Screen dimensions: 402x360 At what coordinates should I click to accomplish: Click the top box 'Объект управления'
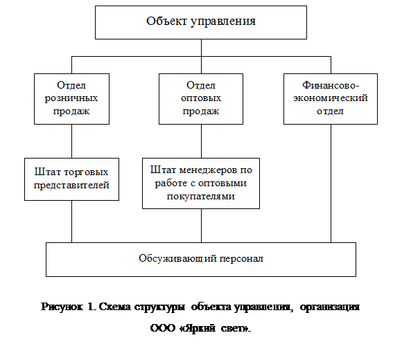click(x=201, y=23)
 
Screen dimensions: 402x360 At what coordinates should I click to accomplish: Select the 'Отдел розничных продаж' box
click(x=71, y=99)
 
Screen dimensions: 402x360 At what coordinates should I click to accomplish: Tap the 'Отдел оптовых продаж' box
click(x=201, y=99)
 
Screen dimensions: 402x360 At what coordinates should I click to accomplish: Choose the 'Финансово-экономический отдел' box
click(x=331, y=99)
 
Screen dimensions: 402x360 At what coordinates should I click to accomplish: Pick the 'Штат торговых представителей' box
click(x=71, y=179)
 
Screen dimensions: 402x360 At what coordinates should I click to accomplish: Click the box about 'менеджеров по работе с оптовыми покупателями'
click(x=201, y=183)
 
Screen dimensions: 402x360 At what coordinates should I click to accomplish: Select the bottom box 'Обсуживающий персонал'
click(x=201, y=260)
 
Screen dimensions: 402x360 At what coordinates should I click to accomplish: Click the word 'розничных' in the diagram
click(x=71, y=98)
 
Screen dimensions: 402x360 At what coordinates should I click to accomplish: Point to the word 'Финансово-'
click(x=331, y=85)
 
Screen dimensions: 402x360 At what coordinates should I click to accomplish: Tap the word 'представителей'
click(x=71, y=186)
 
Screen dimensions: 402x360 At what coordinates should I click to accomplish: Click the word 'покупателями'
click(x=201, y=197)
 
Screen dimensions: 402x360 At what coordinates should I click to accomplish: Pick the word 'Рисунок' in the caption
click(x=62, y=307)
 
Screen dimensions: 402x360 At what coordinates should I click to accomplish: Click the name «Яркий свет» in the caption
click(x=214, y=328)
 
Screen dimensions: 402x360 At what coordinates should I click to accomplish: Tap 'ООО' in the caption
click(x=163, y=328)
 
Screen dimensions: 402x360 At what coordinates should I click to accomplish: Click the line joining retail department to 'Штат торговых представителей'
click(x=72, y=141)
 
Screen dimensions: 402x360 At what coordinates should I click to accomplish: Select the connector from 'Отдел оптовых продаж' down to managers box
click(x=201, y=141)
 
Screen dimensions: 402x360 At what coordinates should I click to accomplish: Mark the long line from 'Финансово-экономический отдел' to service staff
click(x=331, y=183)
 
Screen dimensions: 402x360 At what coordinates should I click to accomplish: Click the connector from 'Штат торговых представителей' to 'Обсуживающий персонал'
click(x=72, y=222)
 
